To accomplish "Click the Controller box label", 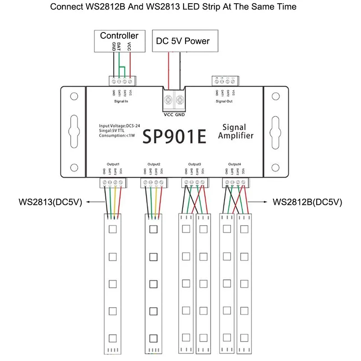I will point(119,36).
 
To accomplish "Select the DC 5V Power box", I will point(182,41).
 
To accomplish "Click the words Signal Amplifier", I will point(235,131).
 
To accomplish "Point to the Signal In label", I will point(121,102).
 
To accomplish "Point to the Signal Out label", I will point(224,102).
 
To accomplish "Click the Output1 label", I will point(113,164).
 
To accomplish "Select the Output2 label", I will point(154,164).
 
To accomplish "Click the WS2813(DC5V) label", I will point(50,202).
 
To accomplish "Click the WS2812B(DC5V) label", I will point(307,202).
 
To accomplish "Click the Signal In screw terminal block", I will point(122,81).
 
